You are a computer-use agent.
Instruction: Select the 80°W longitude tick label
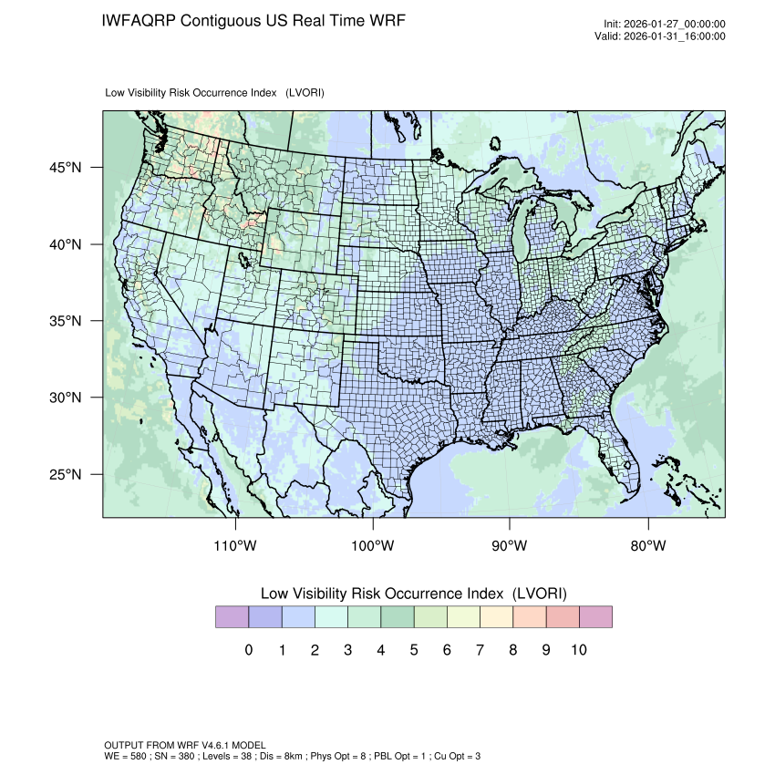coord(648,546)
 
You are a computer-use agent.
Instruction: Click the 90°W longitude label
coord(511,546)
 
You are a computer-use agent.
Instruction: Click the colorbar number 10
coord(578,650)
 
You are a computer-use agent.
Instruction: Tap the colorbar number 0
coord(249,650)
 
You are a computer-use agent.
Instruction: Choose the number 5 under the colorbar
coord(414,650)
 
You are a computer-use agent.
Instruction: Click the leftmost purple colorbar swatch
coord(232,617)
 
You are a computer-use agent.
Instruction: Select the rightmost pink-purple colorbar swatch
coord(595,617)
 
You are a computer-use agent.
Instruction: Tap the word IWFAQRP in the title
coord(139,21)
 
